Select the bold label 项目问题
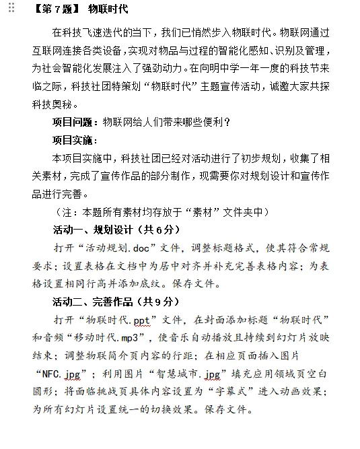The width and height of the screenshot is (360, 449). point(73,122)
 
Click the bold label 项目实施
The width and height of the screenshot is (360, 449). point(73,140)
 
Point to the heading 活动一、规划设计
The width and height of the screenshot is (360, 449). point(94,229)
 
